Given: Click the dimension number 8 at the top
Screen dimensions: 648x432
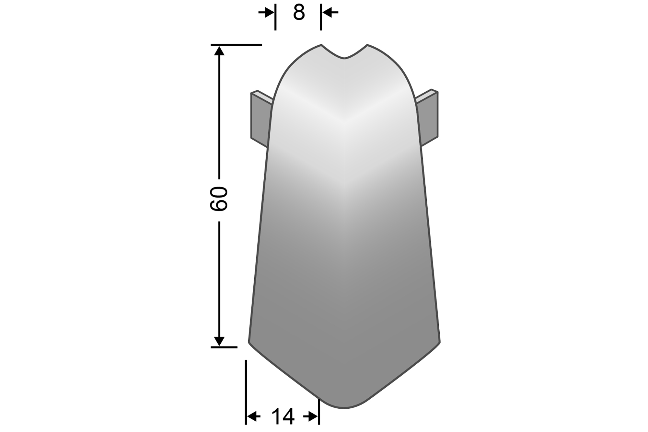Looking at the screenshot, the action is [x=299, y=13].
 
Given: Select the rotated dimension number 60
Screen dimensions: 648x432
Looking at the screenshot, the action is [x=219, y=199].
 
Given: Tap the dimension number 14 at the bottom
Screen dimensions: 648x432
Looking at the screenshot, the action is [x=283, y=416].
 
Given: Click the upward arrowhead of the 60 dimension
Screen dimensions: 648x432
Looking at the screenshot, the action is [x=219, y=51].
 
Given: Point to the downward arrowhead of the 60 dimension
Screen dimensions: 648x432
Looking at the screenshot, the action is [x=219, y=341].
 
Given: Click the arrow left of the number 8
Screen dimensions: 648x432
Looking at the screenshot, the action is [x=266, y=13].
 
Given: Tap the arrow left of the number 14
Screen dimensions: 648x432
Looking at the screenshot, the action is [x=254, y=416].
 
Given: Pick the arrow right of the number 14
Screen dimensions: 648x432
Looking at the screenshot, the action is [x=310, y=416].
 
